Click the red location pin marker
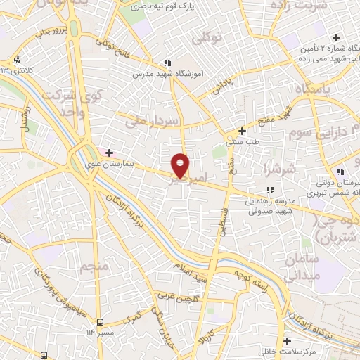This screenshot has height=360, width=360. tap(181, 165)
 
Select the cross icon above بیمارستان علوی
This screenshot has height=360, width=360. tap(109, 153)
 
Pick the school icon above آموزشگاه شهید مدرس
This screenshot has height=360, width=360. tap(167, 62)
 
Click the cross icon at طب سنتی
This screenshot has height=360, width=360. tap(242, 131)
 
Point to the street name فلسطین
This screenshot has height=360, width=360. tap(221, 225)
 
